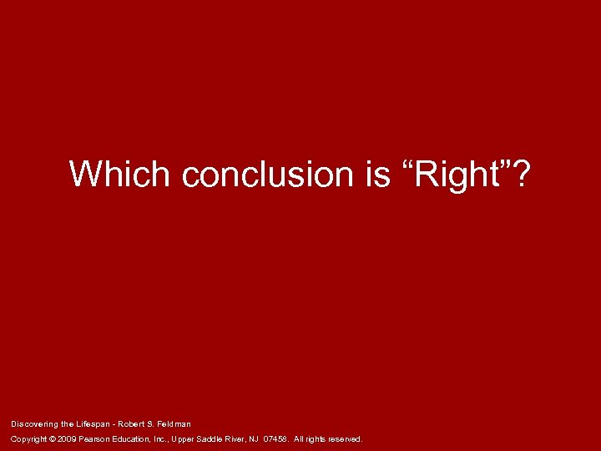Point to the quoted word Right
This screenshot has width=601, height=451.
pos(462,174)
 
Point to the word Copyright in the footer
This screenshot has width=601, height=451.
pos(28,438)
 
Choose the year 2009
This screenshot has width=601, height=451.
pos(68,438)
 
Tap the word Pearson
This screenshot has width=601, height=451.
pos(96,438)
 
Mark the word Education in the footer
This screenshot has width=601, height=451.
pos(137,438)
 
